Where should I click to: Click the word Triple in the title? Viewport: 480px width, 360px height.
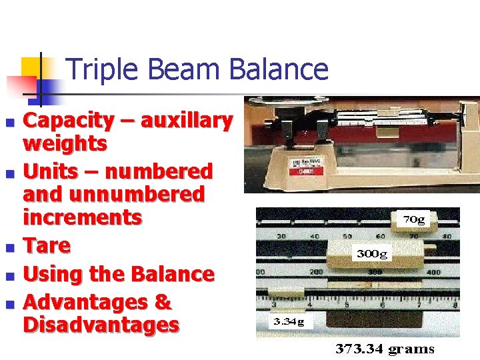coord(97,69)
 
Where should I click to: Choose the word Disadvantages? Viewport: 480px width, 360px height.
coord(101,325)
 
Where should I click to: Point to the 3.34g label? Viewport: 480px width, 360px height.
coord(287,322)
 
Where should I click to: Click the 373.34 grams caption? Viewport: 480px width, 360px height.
coord(385,349)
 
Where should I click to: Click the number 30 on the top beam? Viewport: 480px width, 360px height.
coord(283,237)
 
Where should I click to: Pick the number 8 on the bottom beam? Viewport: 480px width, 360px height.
coord(455,305)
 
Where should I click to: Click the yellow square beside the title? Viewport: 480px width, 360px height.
coord(31,67)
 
